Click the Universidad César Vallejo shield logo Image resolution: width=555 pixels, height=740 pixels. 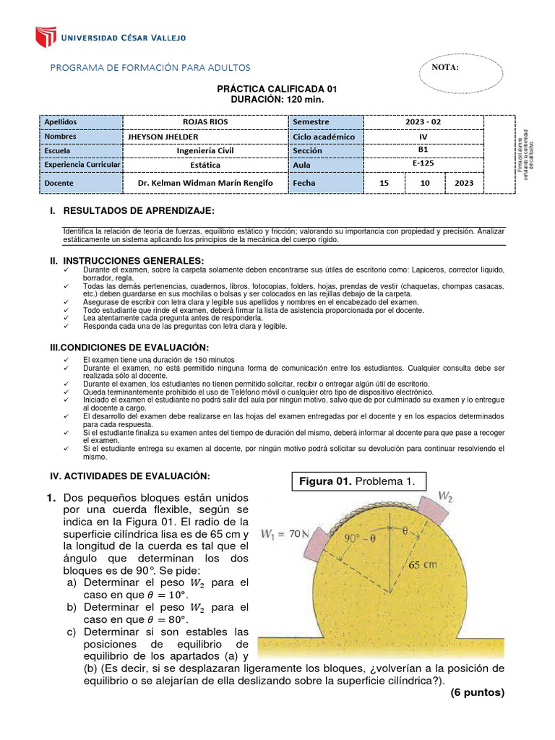[46, 37]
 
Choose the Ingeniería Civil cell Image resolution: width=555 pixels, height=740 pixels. [205, 151]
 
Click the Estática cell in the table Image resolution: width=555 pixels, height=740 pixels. [205, 165]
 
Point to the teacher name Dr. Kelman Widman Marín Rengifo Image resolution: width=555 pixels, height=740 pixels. [205, 184]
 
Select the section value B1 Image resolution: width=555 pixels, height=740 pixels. [422, 150]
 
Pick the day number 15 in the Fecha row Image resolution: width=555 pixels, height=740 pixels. [384, 184]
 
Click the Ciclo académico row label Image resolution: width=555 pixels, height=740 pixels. [324, 137]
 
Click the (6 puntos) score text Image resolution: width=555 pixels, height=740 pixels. [476, 692]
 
